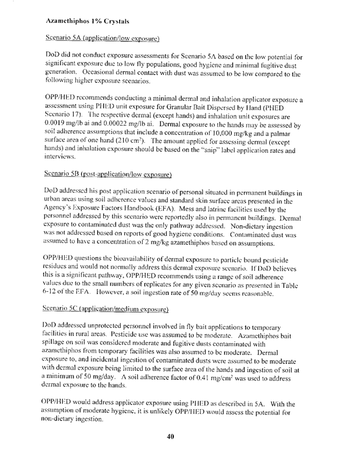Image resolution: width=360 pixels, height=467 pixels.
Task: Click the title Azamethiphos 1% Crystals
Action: click(x=87, y=21)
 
